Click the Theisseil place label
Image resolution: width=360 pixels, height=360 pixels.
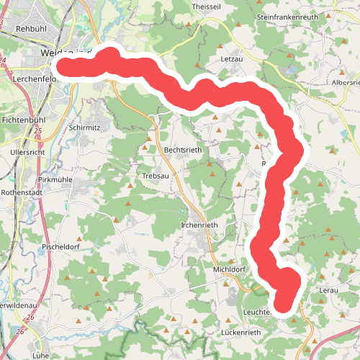coord(205,6)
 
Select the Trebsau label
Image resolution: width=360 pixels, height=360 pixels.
coord(156,175)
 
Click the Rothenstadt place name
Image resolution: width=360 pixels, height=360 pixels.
coord(23,193)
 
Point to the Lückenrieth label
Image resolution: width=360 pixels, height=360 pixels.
coord(241,333)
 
